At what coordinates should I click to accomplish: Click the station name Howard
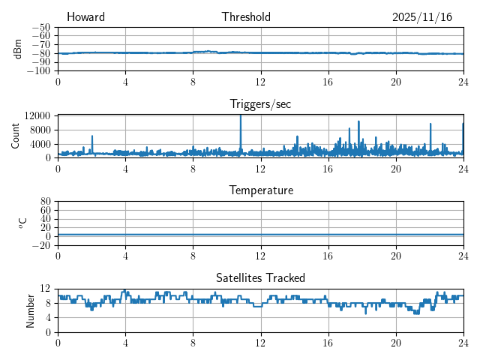point(85,17)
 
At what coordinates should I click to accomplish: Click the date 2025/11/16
point(421,17)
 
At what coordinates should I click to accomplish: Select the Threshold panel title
point(246,17)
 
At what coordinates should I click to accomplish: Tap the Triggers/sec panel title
point(260,104)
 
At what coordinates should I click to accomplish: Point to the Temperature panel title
point(260,190)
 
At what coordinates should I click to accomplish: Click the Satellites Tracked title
point(260,277)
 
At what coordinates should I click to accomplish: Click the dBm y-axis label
point(17,49)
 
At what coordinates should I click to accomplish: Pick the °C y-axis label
point(22,223)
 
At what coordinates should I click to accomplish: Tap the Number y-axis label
point(31,310)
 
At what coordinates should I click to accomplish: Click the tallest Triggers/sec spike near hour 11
point(241,117)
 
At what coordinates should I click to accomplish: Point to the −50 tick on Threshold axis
point(42,27)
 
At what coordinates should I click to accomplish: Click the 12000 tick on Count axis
point(37,116)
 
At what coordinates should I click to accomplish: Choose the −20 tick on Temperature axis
point(42,245)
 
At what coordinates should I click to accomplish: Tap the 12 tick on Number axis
point(46,289)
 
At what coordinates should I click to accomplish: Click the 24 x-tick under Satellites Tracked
point(463,343)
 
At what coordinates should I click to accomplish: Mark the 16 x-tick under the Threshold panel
point(328,82)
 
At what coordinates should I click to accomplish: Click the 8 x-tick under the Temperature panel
point(193,256)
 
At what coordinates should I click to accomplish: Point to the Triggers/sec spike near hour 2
point(92,137)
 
